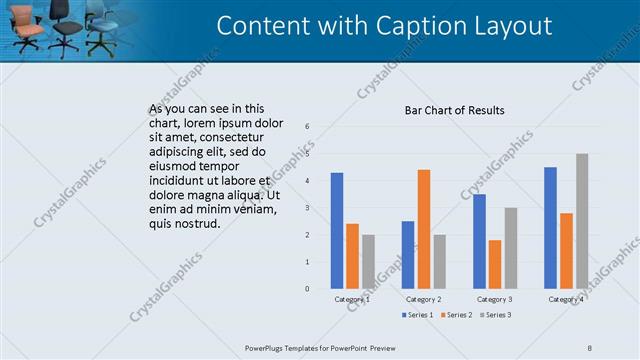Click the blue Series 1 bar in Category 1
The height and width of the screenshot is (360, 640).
click(x=337, y=231)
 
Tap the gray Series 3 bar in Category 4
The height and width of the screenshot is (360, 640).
click(x=582, y=221)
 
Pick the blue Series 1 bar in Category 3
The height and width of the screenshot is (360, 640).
click(x=480, y=241)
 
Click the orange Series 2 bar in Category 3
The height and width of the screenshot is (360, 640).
click(x=495, y=264)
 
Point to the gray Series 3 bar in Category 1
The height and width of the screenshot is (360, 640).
click(x=368, y=262)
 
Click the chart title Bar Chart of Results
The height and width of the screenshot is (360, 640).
click(x=454, y=110)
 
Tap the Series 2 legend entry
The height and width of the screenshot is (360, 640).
click(x=456, y=315)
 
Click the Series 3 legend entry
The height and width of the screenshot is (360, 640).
click(x=494, y=315)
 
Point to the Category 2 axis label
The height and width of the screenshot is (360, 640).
click(x=424, y=299)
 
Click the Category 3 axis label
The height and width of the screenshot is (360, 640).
click(x=495, y=299)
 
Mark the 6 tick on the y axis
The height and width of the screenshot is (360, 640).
click(x=307, y=126)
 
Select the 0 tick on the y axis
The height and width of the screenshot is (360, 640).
click(x=307, y=289)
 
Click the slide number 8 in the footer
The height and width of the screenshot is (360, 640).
click(x=590, y=347)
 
